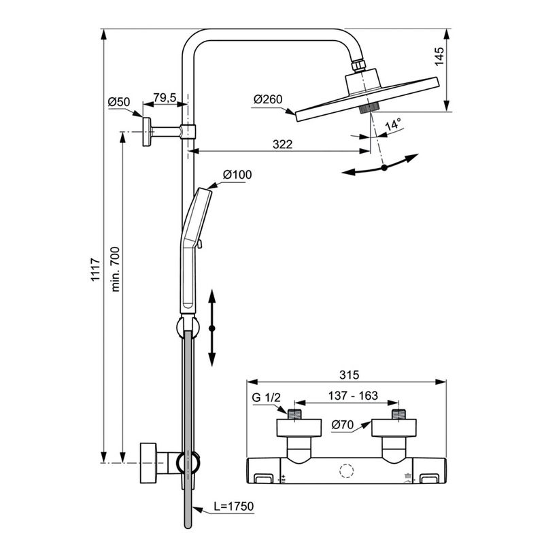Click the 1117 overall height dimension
(95, 269)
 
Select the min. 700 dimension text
(115, 269)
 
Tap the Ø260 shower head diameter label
(268, 99)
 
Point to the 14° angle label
(393, 124)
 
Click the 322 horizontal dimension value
(282, 144)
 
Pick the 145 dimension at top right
(439, 56)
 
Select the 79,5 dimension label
(165, 97)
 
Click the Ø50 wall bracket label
(118, 101)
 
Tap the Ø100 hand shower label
(237, 174)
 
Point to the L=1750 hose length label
(233, 506)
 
